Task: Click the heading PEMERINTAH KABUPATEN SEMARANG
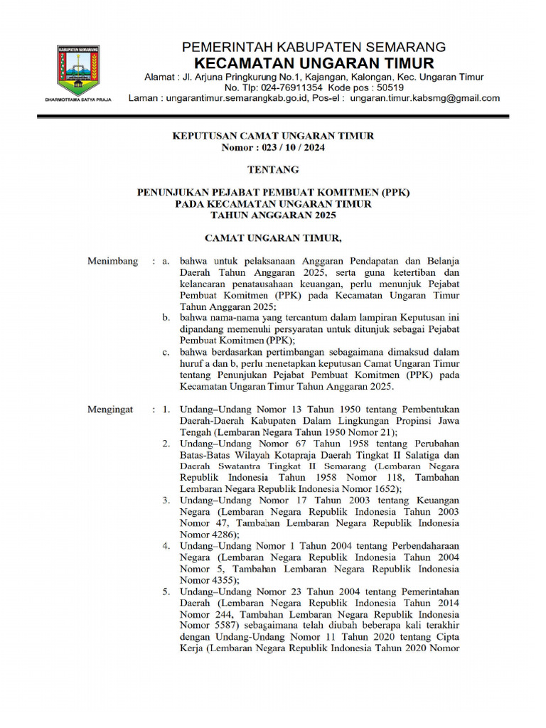coord(314,47)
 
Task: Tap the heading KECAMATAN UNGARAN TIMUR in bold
coord(314,63)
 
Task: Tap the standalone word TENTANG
coord(273,169)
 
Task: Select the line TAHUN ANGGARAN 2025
coord(273,215)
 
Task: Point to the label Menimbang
coord(112,261)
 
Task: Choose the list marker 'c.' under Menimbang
coord(166,352)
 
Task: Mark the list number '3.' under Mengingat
coord(165,500)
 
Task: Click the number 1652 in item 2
coord(385,489)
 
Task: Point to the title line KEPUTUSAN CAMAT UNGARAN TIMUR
coord(273,136)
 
